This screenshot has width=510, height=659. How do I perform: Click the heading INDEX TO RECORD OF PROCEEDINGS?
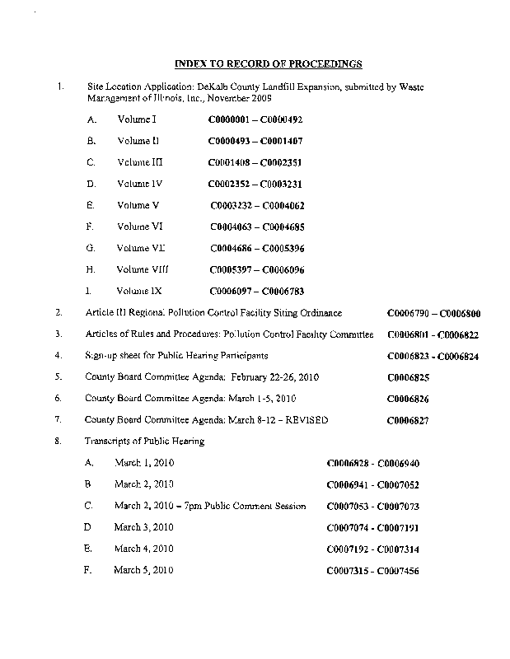click(x=269, y=63)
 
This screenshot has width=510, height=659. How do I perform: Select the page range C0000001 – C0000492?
click(x=250, y=119)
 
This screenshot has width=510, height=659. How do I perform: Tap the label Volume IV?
click(x=138, y=184)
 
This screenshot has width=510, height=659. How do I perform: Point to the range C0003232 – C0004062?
click(x=258, y=205)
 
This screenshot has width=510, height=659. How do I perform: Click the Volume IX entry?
click(x=139, y=291)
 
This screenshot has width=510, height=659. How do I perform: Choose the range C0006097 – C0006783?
click(x=256, y=291)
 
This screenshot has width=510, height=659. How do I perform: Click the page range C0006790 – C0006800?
click(x=433, y=314)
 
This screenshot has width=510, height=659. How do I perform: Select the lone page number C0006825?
click(x=408, y=378)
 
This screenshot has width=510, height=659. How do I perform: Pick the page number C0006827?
click(x=408, y=421)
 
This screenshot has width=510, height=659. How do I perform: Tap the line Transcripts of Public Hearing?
click(x=145, y=442)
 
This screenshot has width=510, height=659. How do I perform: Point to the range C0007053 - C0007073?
click(x=373, y=506)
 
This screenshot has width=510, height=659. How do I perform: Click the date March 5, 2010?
click(x=144, y=570)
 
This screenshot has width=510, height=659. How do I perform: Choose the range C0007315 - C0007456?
click(x=373, y=570)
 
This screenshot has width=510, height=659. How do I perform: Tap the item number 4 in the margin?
click(x=58, y=356)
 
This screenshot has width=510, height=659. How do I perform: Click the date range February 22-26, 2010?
click(x=271, y=377)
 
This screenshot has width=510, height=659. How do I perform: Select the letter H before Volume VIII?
click(x=90, y=269)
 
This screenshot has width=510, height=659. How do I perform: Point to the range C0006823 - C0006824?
click(x=433, y=357)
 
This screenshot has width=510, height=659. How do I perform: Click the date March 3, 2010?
click(x=144, y=527)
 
